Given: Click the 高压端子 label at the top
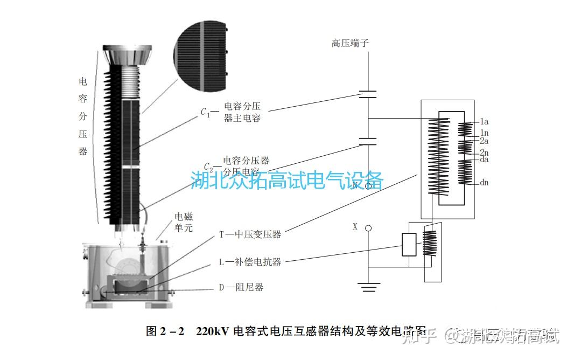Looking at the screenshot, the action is (x=350, y=44).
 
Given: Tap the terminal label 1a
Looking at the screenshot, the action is (x=484, y=122).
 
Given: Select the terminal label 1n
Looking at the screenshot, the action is (x=484, y=133).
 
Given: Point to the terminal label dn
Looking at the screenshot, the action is (x=484, y=183).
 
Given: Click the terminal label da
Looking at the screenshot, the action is (x=484, y=160).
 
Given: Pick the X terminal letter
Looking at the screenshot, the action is (x=355, y=227).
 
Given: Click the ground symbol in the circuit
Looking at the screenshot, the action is (x=368, y=287).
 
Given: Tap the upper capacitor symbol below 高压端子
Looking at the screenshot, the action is (x=368, y=95).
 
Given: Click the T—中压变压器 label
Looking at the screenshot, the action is (x=250, y=235).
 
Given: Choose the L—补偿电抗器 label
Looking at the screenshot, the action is (x=250, y=262).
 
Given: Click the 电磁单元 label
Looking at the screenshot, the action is (x=183, y=223).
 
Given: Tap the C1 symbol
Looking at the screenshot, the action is (x=205, y=112).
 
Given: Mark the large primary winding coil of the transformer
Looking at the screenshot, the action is (x=438, y=156).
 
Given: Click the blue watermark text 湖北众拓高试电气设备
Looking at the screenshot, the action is (x=287, y=180).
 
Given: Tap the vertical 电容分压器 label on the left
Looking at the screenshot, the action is (x=83, y=116).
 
